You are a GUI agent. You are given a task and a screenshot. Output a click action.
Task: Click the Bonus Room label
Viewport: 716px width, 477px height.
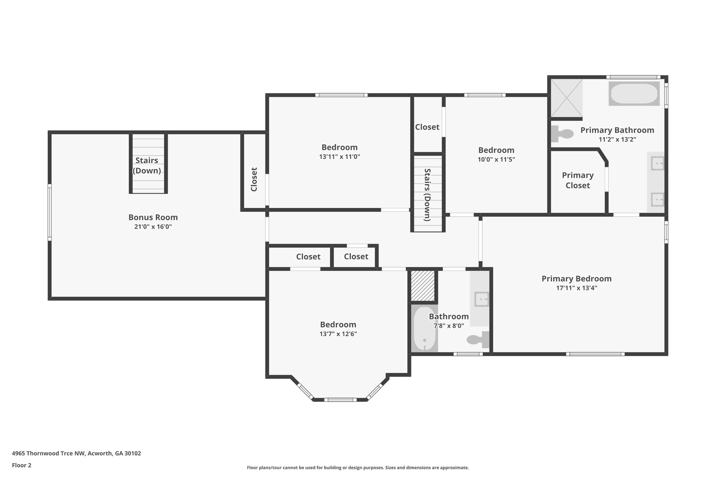153,217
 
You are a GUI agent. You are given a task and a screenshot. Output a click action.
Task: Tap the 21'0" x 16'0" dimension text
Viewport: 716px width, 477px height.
153,226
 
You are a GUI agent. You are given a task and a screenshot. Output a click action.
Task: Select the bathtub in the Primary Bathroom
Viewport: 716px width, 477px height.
634,94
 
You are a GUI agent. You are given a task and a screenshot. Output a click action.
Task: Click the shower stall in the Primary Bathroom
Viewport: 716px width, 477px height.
567,98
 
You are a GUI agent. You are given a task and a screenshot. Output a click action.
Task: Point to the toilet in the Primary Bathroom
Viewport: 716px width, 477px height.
562,133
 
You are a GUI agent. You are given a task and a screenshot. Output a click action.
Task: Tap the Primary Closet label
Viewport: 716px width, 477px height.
578,180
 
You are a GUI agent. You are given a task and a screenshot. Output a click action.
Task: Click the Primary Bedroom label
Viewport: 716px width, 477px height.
577,279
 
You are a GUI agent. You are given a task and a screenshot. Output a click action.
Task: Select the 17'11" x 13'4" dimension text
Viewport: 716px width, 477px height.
577,288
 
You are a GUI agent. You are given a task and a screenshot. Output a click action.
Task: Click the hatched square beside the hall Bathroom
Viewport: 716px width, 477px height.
423,285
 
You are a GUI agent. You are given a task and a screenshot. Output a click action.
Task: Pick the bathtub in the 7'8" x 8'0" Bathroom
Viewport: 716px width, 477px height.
424,328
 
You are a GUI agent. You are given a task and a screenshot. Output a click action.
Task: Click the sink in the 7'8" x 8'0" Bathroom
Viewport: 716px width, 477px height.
481,299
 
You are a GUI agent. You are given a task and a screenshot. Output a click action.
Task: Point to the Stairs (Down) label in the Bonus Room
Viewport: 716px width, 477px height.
147,166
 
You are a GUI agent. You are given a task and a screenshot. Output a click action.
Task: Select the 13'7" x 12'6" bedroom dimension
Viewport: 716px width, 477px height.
338,334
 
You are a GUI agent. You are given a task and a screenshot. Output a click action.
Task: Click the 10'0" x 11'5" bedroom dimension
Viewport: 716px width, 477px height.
496,159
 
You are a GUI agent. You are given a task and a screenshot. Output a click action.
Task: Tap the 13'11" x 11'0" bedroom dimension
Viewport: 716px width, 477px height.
339,157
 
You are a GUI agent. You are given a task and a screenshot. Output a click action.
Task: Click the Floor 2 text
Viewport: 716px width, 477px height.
22,465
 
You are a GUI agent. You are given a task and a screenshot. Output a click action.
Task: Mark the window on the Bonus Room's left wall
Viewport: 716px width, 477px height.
50,212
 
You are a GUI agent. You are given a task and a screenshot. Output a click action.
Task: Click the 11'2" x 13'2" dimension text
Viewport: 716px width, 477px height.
617,139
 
